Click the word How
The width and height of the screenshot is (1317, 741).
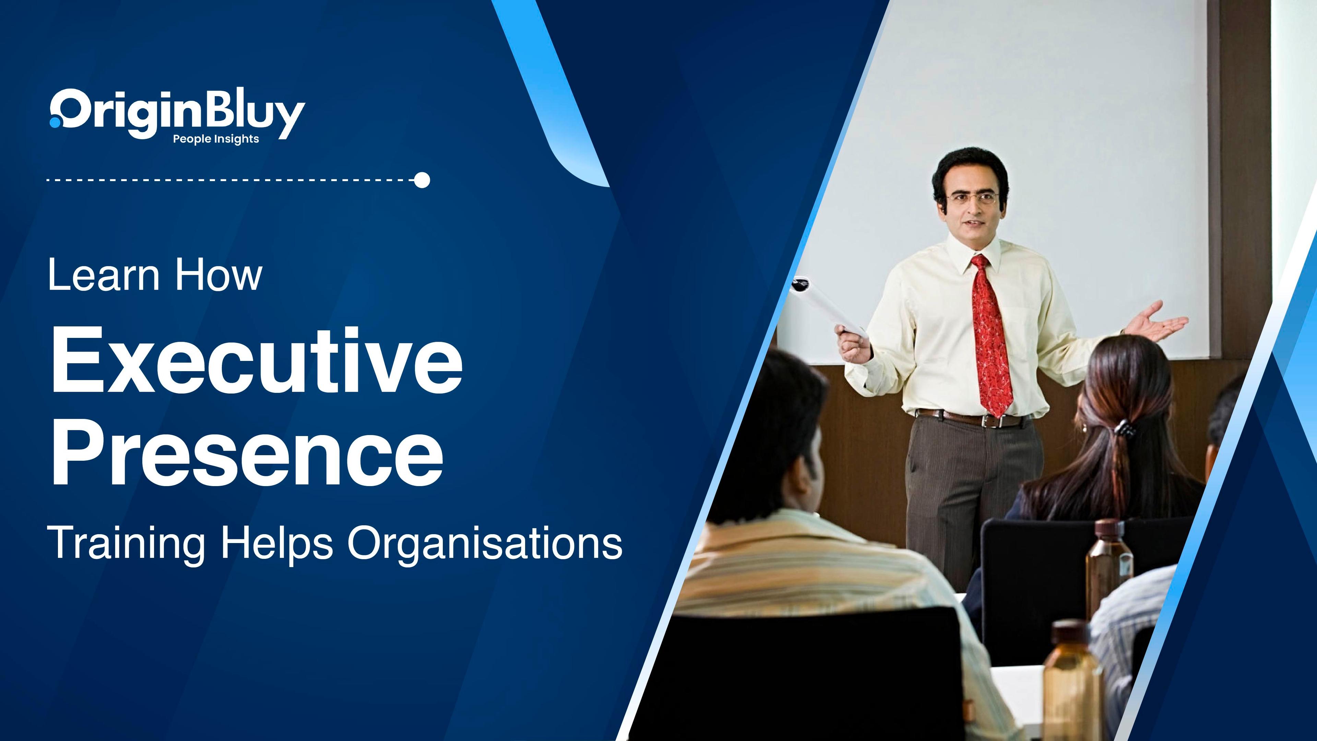point(218,275)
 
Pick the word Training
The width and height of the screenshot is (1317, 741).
point(126,544)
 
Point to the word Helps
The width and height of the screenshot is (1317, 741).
point(277,544)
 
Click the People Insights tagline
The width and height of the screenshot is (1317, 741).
point(216,139)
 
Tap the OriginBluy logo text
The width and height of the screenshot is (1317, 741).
point(177,114)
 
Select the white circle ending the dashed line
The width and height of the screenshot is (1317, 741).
point(422,180)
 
